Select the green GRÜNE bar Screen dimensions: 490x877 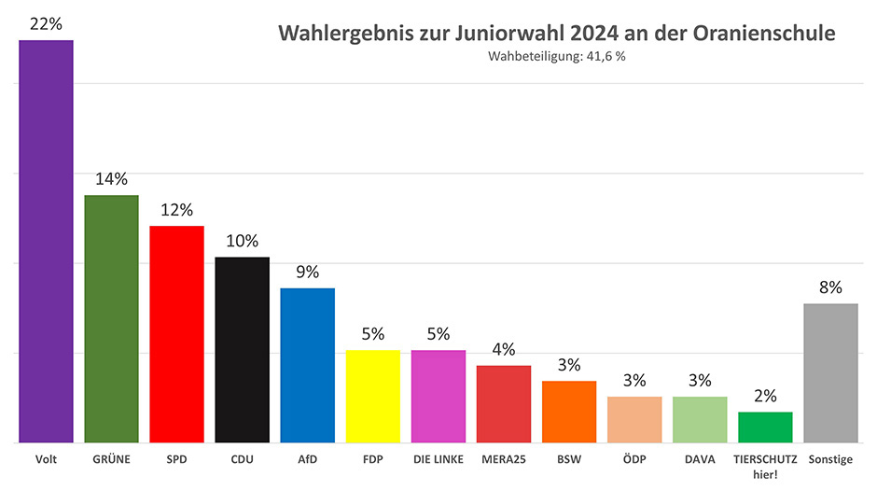pos(111,318)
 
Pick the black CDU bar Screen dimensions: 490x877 pos(242,349)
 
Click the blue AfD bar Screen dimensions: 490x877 pos(307,365)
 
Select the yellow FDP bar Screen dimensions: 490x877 pos(372,396)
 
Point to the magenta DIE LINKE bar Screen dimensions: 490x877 pos(438,396)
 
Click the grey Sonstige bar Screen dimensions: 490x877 pos(830,372)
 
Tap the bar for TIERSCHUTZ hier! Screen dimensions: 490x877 pos(765,427)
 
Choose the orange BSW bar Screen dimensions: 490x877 pos(568,412)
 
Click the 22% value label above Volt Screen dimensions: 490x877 pos(46,24)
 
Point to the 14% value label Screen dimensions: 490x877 pos(111,179)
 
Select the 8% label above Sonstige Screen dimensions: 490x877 pos(830,287)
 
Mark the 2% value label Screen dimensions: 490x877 pos(765,396)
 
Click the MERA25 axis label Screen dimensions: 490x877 pos(503,459)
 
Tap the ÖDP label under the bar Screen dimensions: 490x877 pos(633,459)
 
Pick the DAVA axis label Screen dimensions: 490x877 pos(700,459)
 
